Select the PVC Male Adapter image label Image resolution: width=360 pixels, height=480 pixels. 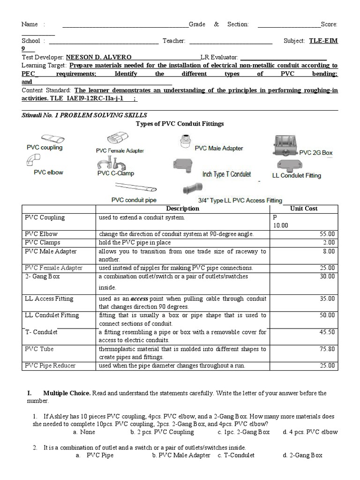(219, 148)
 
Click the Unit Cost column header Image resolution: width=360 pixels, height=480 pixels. (303, 209)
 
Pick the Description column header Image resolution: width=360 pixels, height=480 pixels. (182, 209)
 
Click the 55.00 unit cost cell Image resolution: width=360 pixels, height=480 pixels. (328, 234)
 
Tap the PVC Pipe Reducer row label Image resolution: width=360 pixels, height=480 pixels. (50, 366)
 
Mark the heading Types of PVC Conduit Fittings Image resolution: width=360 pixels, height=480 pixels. (180, 124)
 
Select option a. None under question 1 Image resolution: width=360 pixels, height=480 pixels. (85, 432)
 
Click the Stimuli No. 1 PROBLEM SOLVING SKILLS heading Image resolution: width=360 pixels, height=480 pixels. (84, 115)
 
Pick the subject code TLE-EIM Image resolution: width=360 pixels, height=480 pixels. (323, 41)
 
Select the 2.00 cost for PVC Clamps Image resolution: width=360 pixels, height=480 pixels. (329, 242)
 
